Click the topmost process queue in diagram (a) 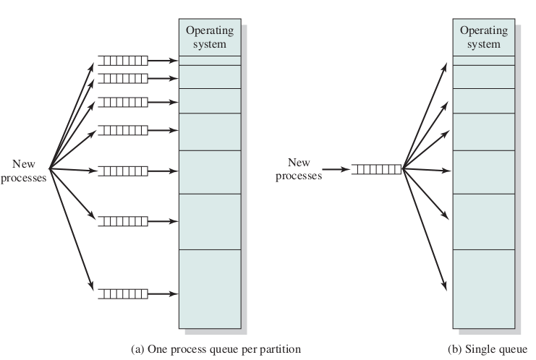pos(122,61)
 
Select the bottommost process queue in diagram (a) pos(122,293)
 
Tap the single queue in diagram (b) pos(375,170)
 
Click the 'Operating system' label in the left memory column pos(210,37)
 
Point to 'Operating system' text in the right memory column pos(484,37)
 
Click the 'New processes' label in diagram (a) pos(23,171)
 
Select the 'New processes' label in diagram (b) pos(298,169)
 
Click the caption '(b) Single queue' pos(488,349)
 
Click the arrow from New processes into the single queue pos(336,170)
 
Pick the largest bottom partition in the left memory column pos(210,288)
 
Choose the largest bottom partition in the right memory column pos(484,288)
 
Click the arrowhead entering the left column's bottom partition pos(174,293)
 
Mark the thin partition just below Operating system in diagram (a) pos(210,61)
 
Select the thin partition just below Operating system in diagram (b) pos(484,61)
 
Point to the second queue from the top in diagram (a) pos(122,77)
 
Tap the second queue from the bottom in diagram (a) pos(122,220)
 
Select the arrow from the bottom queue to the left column pos(163,293)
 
